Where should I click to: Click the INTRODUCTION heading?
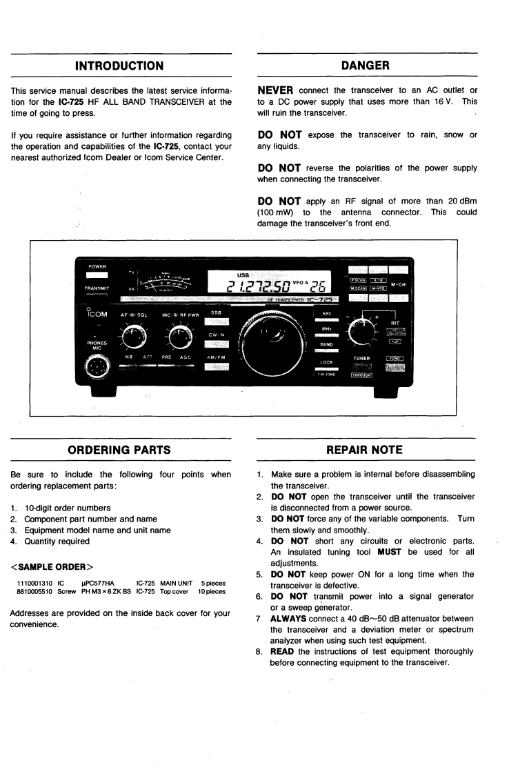tap(119, 66)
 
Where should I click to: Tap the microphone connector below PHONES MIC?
tap(95, 366)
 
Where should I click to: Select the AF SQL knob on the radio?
tap(133, 336)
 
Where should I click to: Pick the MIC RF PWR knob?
tap(180, 337)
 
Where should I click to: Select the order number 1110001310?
tap(34, 584)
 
